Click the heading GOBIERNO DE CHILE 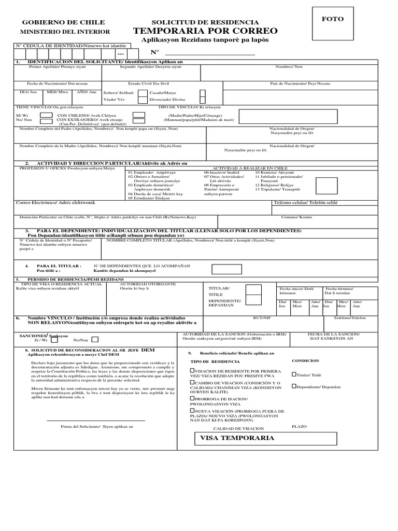point(63,22)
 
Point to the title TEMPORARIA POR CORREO point(205,31)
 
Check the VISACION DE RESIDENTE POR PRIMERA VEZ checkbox point(193,371)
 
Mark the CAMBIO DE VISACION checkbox point(193,383)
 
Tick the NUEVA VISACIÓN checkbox point(193,411)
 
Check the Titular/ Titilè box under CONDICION point(294,374)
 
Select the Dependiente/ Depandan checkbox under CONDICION point(294,386)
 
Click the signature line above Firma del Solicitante point(96,420)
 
